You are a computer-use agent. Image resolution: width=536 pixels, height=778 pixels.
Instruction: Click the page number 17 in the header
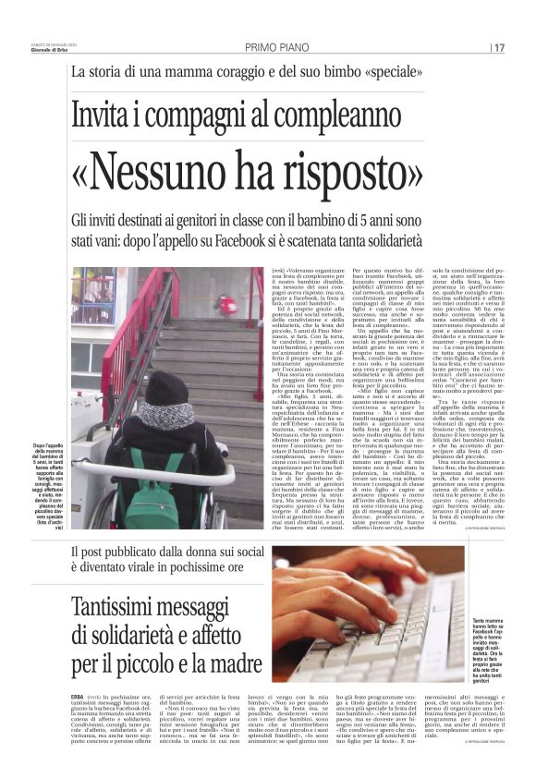[x=499, y=47]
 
